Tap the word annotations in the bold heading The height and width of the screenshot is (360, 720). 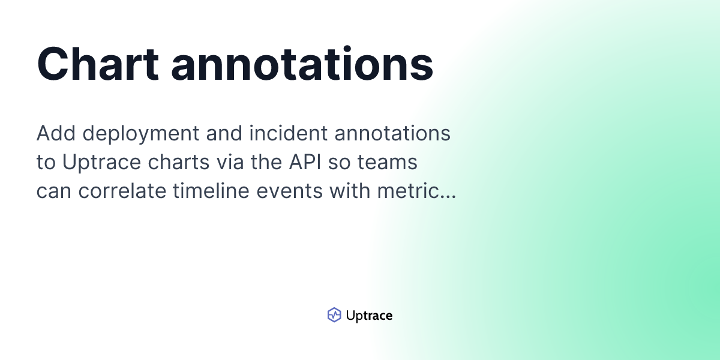(x=302, y=64)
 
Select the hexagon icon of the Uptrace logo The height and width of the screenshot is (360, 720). (x=334, y=315)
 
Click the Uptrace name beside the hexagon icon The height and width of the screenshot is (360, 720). (x=369, y=316)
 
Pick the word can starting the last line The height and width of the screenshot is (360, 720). (x=53, y=192)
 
